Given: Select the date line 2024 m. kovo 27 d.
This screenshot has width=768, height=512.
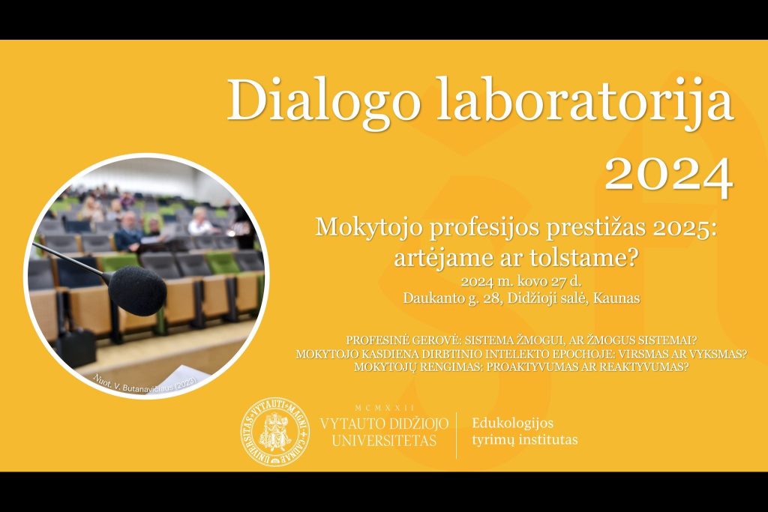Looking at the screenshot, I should click(x=521, y=282).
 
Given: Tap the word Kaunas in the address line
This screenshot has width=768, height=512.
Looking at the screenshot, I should click(x=615, y=298).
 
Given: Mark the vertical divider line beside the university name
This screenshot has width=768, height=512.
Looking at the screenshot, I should click(x=457, y=433).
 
